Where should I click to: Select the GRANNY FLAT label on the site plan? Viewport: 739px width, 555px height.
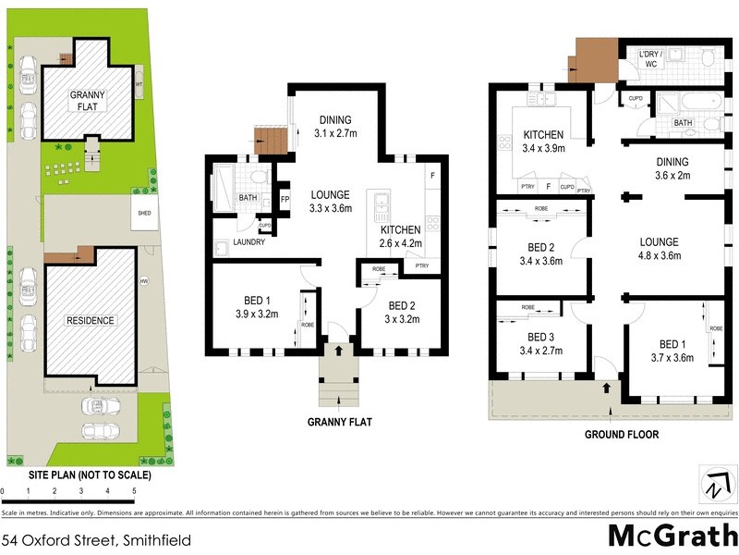90,100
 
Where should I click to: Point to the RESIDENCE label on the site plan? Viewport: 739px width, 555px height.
90,321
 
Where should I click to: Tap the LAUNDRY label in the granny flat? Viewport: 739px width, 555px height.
248,242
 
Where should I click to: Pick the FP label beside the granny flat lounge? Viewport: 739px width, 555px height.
285,200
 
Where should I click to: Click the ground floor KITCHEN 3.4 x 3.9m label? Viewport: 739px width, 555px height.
543,141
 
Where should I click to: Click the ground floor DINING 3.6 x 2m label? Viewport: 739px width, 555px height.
672,167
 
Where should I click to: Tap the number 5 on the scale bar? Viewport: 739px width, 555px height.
135,491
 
